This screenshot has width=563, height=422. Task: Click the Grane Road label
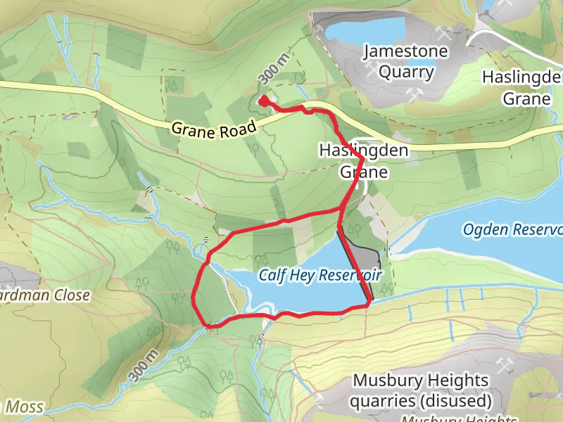click(x=215, y=128)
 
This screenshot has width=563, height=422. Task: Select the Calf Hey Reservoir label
click(x=320, y=275)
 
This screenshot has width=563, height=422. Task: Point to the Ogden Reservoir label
click(x=513, y=230)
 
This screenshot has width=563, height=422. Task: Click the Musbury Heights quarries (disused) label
click(x=421, y=391)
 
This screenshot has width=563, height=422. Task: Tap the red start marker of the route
click(x=263, y=101)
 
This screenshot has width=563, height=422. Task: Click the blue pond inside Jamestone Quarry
click(x=365, y=30)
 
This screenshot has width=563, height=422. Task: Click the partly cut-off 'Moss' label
click(x=23, y=407)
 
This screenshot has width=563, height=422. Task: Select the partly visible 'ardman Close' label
click(x=44, y=295)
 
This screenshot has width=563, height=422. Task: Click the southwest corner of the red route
click(x=205, y=326)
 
